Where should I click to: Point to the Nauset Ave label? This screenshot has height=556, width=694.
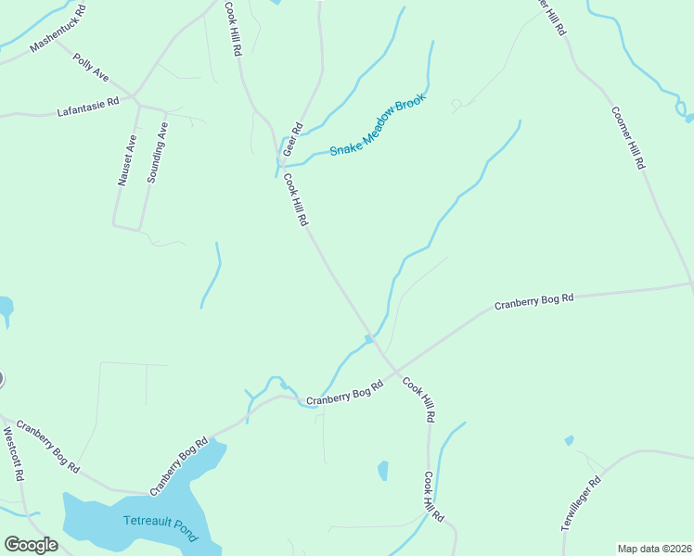point(127,160)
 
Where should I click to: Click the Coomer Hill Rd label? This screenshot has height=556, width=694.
point(627,137)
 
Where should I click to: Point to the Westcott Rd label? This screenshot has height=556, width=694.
point(12,454)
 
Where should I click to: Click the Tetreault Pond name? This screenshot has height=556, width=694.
point(161,526)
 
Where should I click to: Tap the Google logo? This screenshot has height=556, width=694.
point(31,545)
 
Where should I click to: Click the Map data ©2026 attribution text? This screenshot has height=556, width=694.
point(653,549)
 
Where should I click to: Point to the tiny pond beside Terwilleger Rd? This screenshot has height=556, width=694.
point(569,441)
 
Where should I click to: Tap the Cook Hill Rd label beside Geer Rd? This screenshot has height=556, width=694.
point(295,200)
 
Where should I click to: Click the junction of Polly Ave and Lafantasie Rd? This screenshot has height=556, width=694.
point(135,95)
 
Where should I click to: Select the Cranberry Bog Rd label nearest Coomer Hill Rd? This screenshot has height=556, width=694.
point(533,302)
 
